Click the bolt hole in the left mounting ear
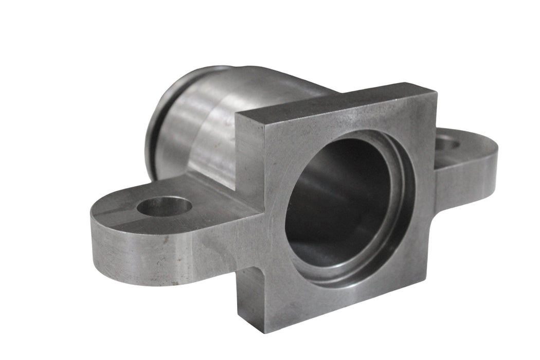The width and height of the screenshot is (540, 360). coord(164,206)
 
